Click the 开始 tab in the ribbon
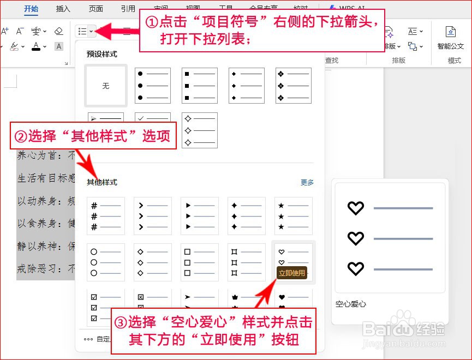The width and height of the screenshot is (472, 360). pos(32,9)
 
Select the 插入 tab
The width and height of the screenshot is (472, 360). pos(63,9)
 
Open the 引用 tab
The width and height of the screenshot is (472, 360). pos(128,9)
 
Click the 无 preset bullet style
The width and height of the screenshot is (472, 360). pos(106,86)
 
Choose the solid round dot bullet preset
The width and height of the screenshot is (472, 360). pos(153,86)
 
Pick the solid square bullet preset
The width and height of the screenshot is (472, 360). pos(200,86)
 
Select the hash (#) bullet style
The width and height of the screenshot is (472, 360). pos(106,216)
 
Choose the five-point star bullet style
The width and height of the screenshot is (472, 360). pos(294,216)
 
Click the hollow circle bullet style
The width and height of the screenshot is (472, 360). pos(106,262)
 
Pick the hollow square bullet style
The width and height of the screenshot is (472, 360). pos(200,262)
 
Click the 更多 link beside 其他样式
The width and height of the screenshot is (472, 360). pos(307,183)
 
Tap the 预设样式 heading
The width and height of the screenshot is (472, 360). pos(102,55)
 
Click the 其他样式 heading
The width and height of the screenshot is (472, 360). pos(102,183)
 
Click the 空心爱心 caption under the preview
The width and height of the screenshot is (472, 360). pos(351,304)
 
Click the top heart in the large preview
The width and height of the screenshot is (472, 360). pos(356,208)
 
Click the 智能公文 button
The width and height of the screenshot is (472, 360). pos(451,38)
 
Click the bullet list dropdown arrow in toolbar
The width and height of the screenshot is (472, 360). pos(92,31)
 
